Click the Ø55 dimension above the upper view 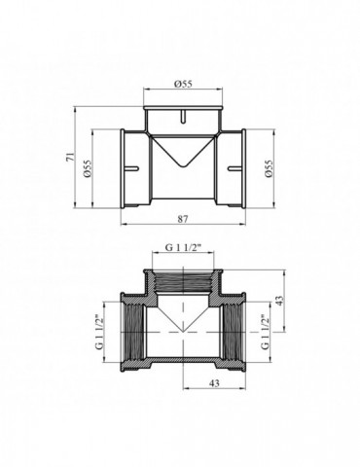click(x=182, y=85)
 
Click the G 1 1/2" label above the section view click(x=182, y=247)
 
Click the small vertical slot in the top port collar click(x=182, y=120)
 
